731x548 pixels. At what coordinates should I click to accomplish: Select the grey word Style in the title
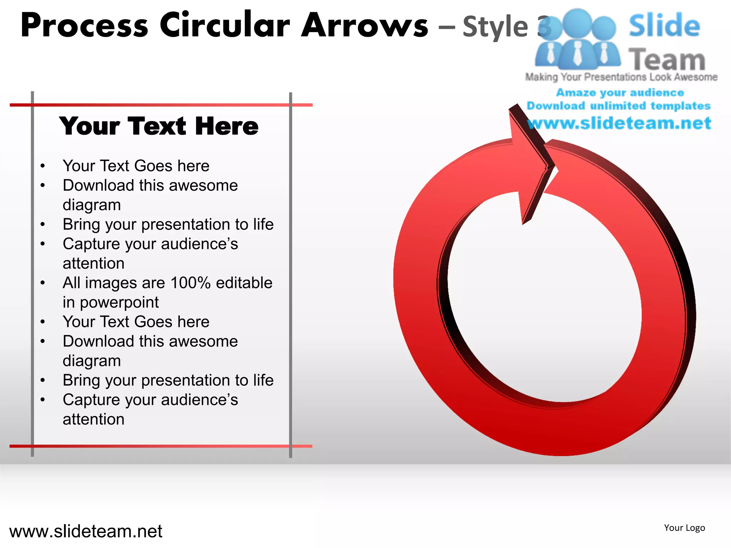pos(495,26)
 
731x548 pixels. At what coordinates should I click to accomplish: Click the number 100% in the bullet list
pos(191,283)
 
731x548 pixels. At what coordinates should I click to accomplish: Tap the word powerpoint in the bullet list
pos(119,303)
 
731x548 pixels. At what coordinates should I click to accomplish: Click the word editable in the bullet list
pos(244,283)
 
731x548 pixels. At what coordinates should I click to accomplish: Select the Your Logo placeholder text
pos(684,528)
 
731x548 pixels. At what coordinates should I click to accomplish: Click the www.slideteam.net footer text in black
pos(86,531)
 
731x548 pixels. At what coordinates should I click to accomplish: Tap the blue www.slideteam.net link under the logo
pos(619,123)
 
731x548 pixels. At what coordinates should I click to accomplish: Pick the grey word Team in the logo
pos(667,59)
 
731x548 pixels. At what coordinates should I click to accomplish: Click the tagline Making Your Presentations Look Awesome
pos(621,77)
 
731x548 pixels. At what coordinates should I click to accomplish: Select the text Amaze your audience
pos(620,93)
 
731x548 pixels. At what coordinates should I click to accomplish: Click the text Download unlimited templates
pos(619,106)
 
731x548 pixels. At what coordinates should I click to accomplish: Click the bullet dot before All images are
pos(43,283)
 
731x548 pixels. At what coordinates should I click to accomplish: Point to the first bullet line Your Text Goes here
pos(136,166)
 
